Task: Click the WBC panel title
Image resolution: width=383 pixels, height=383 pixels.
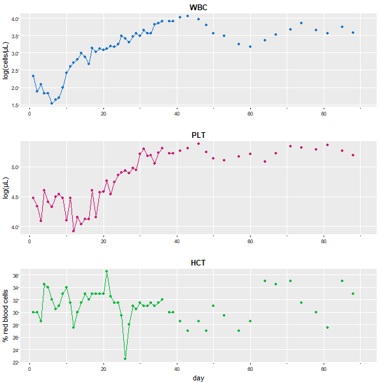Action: click(x=199, y=8)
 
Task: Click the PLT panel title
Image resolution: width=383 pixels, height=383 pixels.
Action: click(x=199, y=135)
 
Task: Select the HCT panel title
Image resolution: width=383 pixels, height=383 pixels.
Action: click(x=199, y=263)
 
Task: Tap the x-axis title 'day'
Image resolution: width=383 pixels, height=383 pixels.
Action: click(x=199, y=378)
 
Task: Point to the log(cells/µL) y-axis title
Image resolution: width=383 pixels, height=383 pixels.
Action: click(x=6, y=60)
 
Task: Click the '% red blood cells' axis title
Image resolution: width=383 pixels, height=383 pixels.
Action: click(x=6, y=315)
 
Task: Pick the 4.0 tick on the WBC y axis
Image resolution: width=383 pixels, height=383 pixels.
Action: click(x=15, y=19)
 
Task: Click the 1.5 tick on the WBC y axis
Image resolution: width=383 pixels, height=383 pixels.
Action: click(x=15, y=105)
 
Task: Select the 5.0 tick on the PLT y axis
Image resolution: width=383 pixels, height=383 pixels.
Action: click(x=15, y=167)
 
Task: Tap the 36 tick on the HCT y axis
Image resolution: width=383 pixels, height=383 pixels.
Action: click(x=16, y=275)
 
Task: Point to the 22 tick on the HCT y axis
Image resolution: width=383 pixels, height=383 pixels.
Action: click(x=16, y=363)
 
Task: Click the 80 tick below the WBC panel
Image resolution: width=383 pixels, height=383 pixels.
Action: click(x=324, y=114)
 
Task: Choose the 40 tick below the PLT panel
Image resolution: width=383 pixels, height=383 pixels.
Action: click(x=177, y=241)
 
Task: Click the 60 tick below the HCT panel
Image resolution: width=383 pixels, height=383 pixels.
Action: click(x=250, y=369)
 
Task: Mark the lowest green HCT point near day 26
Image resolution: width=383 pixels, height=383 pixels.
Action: click(x=125, y=359)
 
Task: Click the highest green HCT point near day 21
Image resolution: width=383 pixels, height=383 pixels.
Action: click(x=107, y=271)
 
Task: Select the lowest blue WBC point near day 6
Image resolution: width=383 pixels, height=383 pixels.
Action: click(x=52, y=103)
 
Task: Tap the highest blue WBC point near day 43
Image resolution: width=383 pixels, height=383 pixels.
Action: click(x=188, y=16)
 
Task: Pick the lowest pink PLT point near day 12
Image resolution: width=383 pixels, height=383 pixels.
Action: click(x=73, y=230)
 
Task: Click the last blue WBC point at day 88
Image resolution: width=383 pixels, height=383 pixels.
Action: click(x=353, y=33)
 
